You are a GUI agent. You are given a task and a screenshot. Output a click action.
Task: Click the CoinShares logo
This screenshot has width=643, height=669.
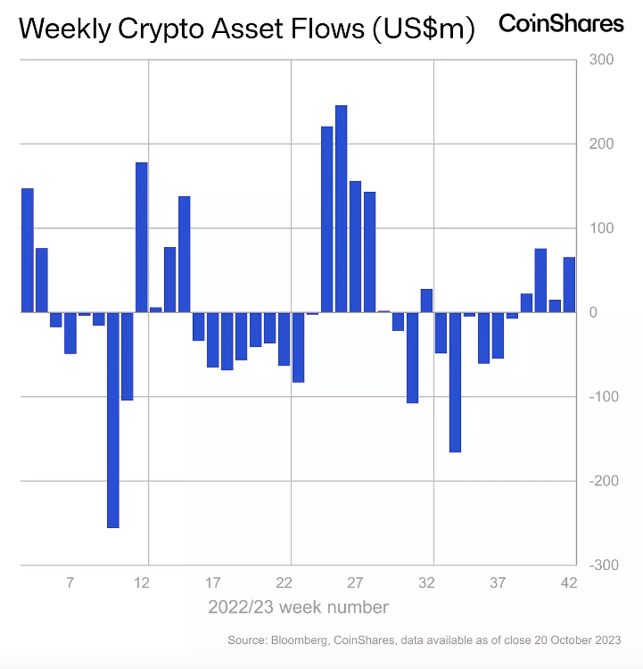pos(561,24)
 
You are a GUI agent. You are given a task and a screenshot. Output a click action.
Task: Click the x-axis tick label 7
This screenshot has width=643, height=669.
pos(70,583)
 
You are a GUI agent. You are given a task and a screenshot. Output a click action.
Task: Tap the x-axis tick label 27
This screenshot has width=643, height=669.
pos(355,583)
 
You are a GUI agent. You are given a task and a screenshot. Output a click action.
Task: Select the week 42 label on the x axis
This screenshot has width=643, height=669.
pos(569,583)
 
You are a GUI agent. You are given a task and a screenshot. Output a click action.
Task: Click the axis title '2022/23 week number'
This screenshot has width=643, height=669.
pos(298,607)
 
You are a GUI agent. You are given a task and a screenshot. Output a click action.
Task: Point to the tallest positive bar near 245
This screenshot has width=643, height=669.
pos(341,209)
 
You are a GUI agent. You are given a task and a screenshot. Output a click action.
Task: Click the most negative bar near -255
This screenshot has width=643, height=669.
pos(113,419)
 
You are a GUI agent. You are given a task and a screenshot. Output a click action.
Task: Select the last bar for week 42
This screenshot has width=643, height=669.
pos(569,285)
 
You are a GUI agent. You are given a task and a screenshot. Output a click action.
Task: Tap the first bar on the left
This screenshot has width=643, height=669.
pos(28,250)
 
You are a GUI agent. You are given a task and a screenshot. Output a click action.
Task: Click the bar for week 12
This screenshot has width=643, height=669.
pos(142,237)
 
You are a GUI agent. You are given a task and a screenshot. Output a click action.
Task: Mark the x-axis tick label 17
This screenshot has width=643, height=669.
pos(213,583)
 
